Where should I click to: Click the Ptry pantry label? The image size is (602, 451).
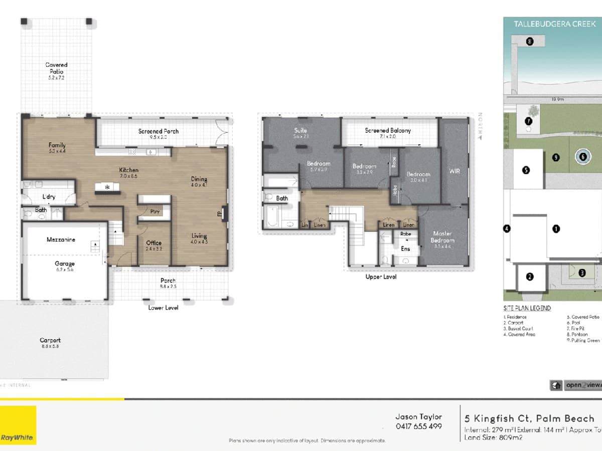tap(155, 211)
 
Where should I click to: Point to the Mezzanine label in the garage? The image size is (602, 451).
tap(61, 240)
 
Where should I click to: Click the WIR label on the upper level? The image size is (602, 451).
tap(454, 171)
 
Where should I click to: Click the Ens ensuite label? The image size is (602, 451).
tap(405, 249)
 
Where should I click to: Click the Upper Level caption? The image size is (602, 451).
tap(382, 277)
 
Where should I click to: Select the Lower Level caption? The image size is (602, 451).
tap(163, 307)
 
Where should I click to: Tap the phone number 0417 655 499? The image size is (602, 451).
tap(418, 426)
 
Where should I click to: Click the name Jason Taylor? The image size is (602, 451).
tap(418, 417)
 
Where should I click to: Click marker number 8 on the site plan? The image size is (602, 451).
tap(529, 42)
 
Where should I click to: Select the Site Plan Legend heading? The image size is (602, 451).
tap(527, 308)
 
